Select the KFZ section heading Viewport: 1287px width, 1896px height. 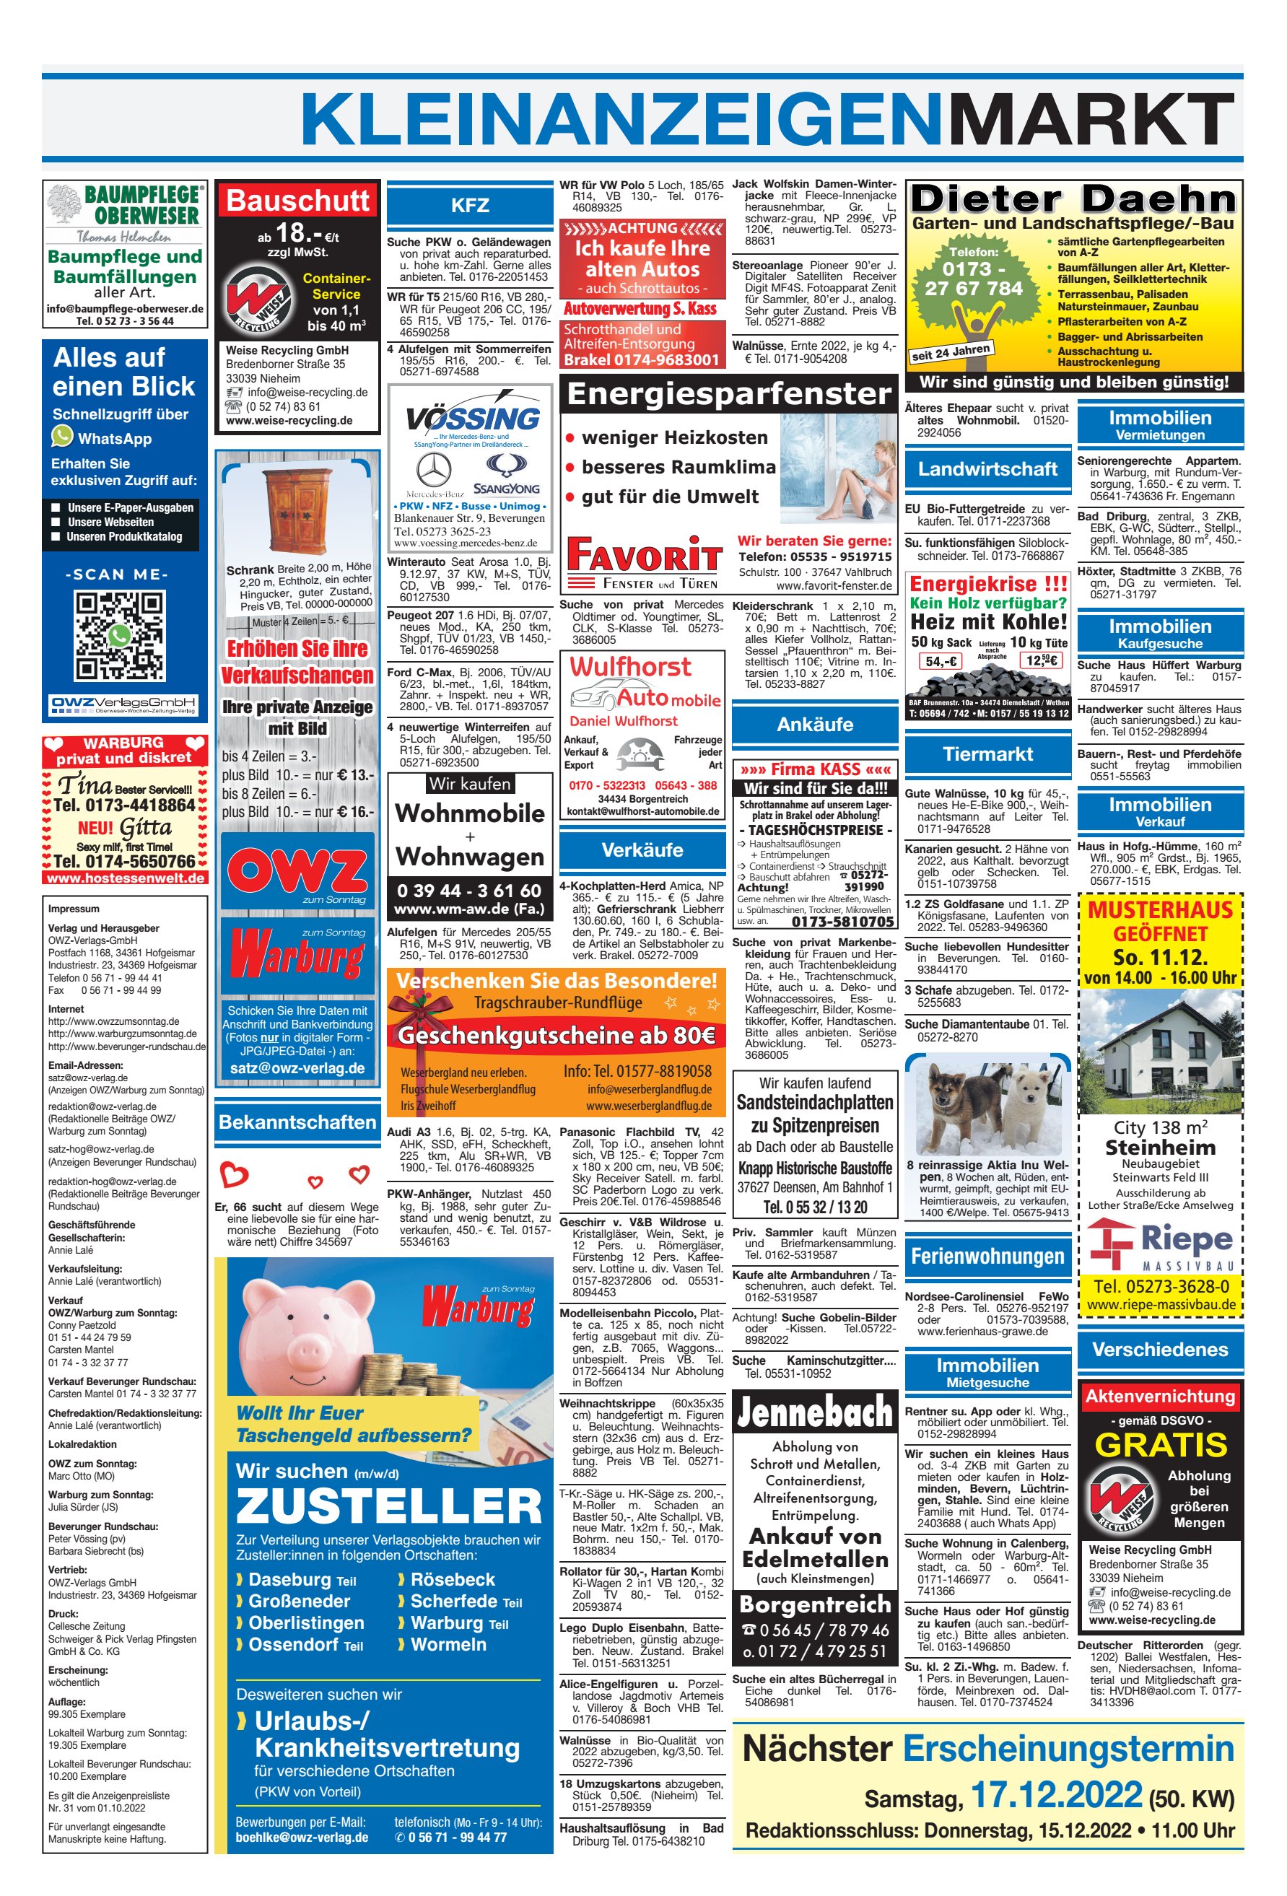(469, 206)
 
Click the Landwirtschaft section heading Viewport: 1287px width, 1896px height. (987, 469)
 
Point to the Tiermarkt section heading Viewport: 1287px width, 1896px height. (987, 753)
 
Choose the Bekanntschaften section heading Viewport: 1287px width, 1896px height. (297, 1122)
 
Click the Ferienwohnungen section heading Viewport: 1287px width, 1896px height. (987, 1256)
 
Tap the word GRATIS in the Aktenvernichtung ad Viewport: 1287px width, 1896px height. (1160, 1445)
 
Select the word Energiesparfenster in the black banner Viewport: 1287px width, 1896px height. (729, 394)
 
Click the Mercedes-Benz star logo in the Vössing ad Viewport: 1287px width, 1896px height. (433, 471)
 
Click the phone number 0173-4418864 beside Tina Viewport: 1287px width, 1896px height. (124, 805)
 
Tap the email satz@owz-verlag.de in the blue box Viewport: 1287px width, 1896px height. (297, 1068)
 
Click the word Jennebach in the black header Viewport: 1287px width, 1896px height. (814, 1412)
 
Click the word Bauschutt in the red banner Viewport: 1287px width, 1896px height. (298, 201)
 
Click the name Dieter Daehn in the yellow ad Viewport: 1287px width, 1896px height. (1073, 199)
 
